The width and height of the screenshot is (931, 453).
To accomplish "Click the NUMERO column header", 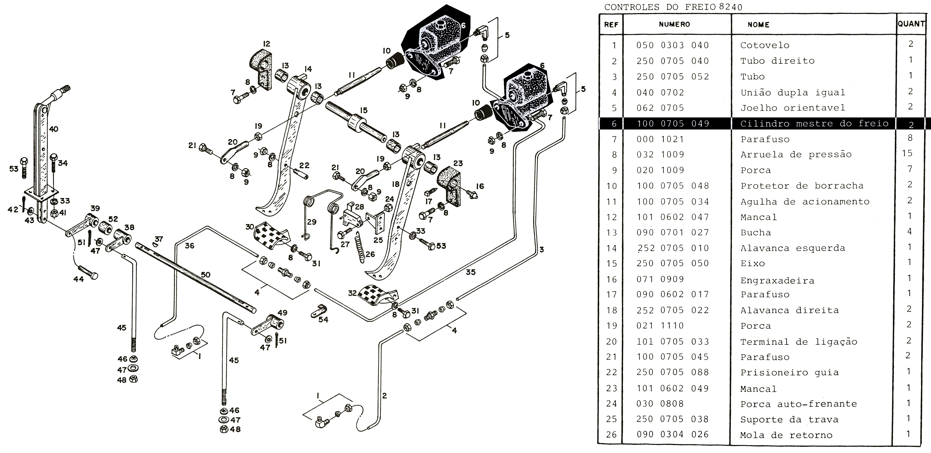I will tap(674, 24).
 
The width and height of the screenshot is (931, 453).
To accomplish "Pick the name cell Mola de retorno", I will tap(786, 435).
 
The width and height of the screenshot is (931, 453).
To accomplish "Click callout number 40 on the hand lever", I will tap(54, 129).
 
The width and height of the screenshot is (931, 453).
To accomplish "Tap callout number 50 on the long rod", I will tap(206, 275).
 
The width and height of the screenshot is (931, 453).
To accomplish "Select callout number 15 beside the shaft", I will tap(363, 110).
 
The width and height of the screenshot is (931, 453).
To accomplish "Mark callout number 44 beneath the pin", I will tap(78, 279).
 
